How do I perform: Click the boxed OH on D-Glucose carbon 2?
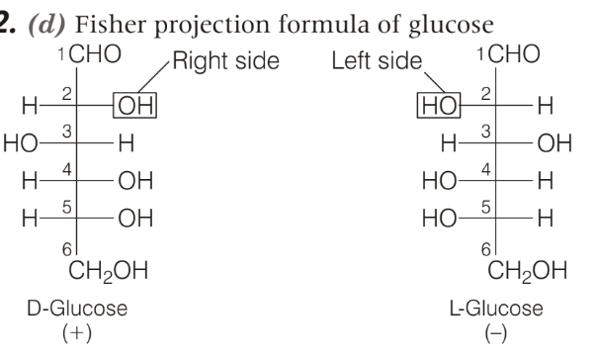(135, 105)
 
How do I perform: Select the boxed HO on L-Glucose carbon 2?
(439, 105)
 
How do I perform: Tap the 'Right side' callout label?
(226, 60)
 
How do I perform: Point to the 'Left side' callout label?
(377, 60)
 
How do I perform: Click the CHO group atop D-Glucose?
(95, 54)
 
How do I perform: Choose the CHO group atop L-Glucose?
(514, 54)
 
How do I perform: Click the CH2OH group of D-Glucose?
(109, 271)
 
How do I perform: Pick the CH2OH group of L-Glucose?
(527, 271)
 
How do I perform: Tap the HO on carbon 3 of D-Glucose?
(21, 143)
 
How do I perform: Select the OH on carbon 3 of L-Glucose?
(554, 143)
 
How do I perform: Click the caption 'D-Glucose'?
(77, 309)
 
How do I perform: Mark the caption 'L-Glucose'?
(496, 309)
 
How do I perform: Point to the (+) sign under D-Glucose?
(77, 333)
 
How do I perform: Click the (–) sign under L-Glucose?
(496, 333)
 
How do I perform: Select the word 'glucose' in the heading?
(451, 26)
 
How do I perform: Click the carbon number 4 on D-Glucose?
(67, 169)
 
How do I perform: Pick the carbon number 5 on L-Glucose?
(485, 207)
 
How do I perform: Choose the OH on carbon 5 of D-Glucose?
(135, 219)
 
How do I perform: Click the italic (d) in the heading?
(46, 25)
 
